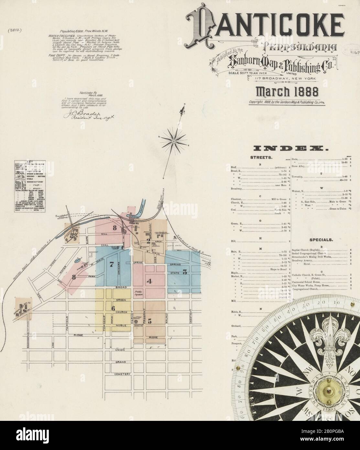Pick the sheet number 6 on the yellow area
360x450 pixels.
pos(113,308)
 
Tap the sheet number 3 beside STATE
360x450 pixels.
pos(185,272)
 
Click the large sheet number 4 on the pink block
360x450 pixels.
pos(149,281)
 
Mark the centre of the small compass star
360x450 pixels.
pos(174,140)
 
